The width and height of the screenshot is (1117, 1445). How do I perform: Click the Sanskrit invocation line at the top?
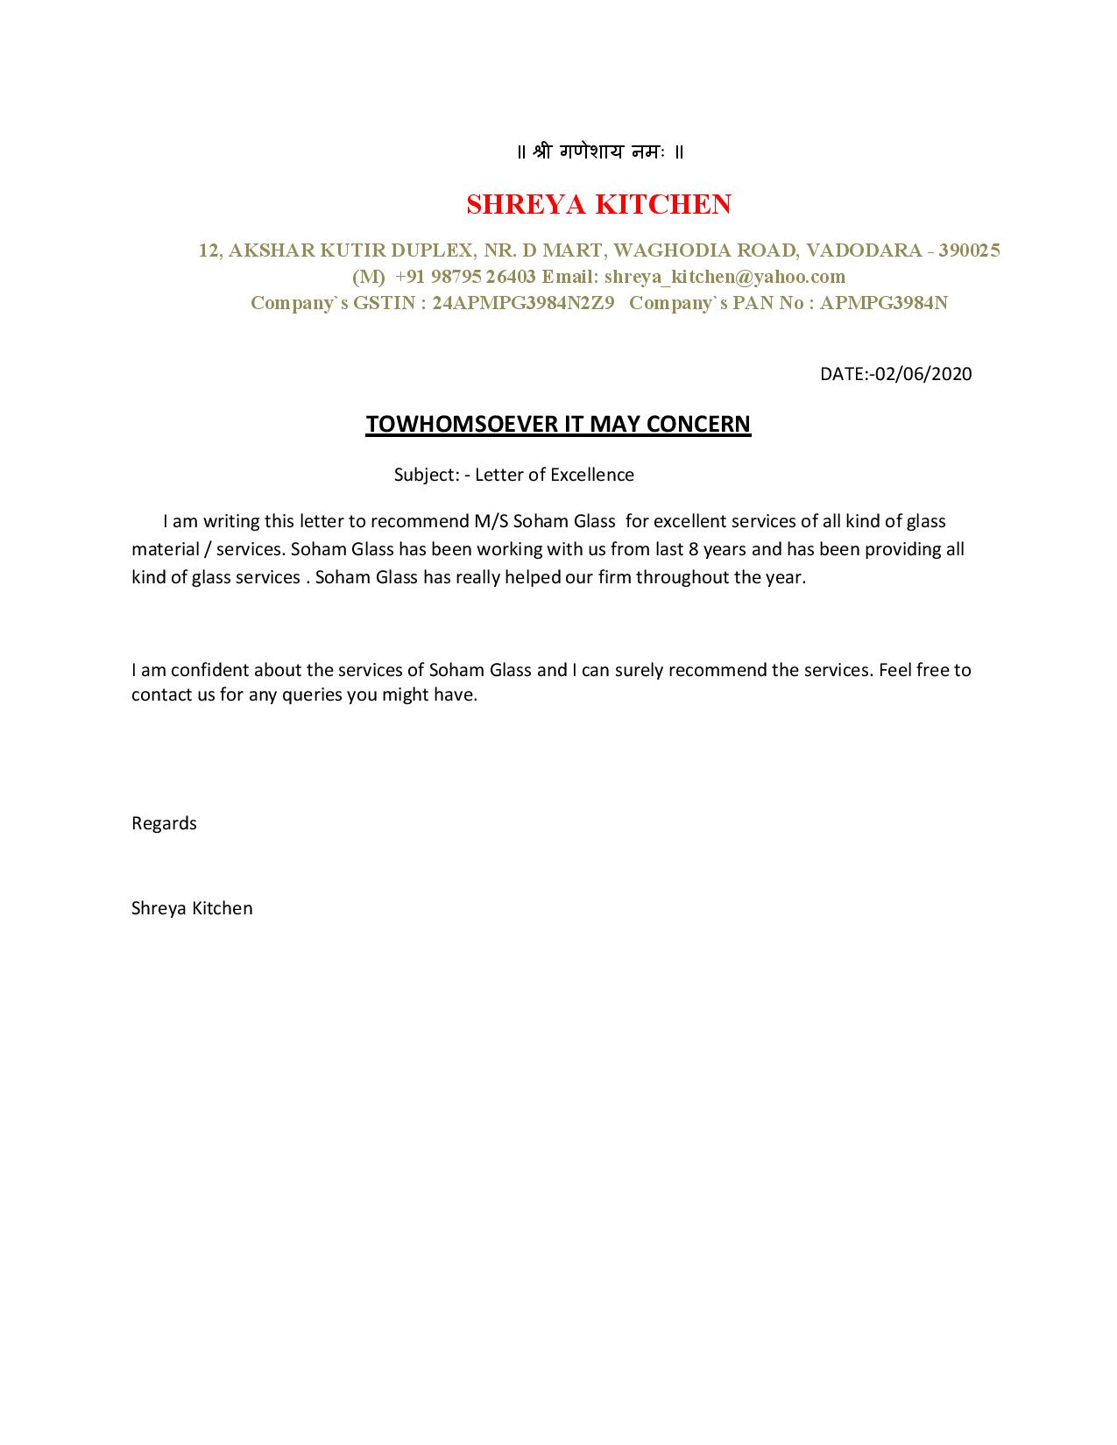(600, 152)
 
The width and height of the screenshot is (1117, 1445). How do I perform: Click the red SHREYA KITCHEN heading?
(598, 204)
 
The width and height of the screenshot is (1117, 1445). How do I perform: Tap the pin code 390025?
(969, 250)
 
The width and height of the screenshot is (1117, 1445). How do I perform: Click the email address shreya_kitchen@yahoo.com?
(725, 277)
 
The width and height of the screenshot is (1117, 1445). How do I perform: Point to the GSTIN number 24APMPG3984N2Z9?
(523, 303)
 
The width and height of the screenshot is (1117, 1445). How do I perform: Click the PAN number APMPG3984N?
(884, 303)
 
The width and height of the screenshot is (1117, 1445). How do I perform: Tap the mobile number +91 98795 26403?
(464, 277)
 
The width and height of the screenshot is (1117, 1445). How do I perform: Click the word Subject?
(426, 475)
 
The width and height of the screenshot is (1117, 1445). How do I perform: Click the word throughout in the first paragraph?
(680, 578)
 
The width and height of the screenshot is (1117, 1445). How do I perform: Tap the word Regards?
(164, 823)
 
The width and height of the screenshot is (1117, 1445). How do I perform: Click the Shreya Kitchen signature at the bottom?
(192, 908)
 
